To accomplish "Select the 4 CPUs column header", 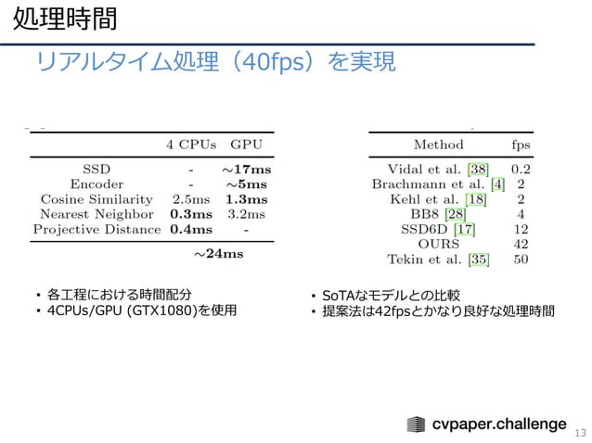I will click(191, 145).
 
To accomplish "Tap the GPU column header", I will click(247, 145).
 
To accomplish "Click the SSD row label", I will click(96, 169).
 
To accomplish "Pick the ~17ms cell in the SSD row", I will click(246, 169).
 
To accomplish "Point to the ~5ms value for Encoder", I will click(248, 184).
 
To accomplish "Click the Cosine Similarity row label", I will click(97, 198).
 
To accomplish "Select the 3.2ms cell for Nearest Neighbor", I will click(247, 213).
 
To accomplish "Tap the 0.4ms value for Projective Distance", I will click(191, 228).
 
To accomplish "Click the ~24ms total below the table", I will click(219, 252).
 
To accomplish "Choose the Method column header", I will click(438, 145).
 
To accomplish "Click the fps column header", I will click(521, 145).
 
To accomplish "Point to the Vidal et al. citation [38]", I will click(479, 169).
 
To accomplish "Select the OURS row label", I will click(438, 243).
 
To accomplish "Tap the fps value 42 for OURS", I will click(521, 243).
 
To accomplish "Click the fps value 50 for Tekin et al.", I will click(521, 258).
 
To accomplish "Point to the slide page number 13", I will click(581, 431).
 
